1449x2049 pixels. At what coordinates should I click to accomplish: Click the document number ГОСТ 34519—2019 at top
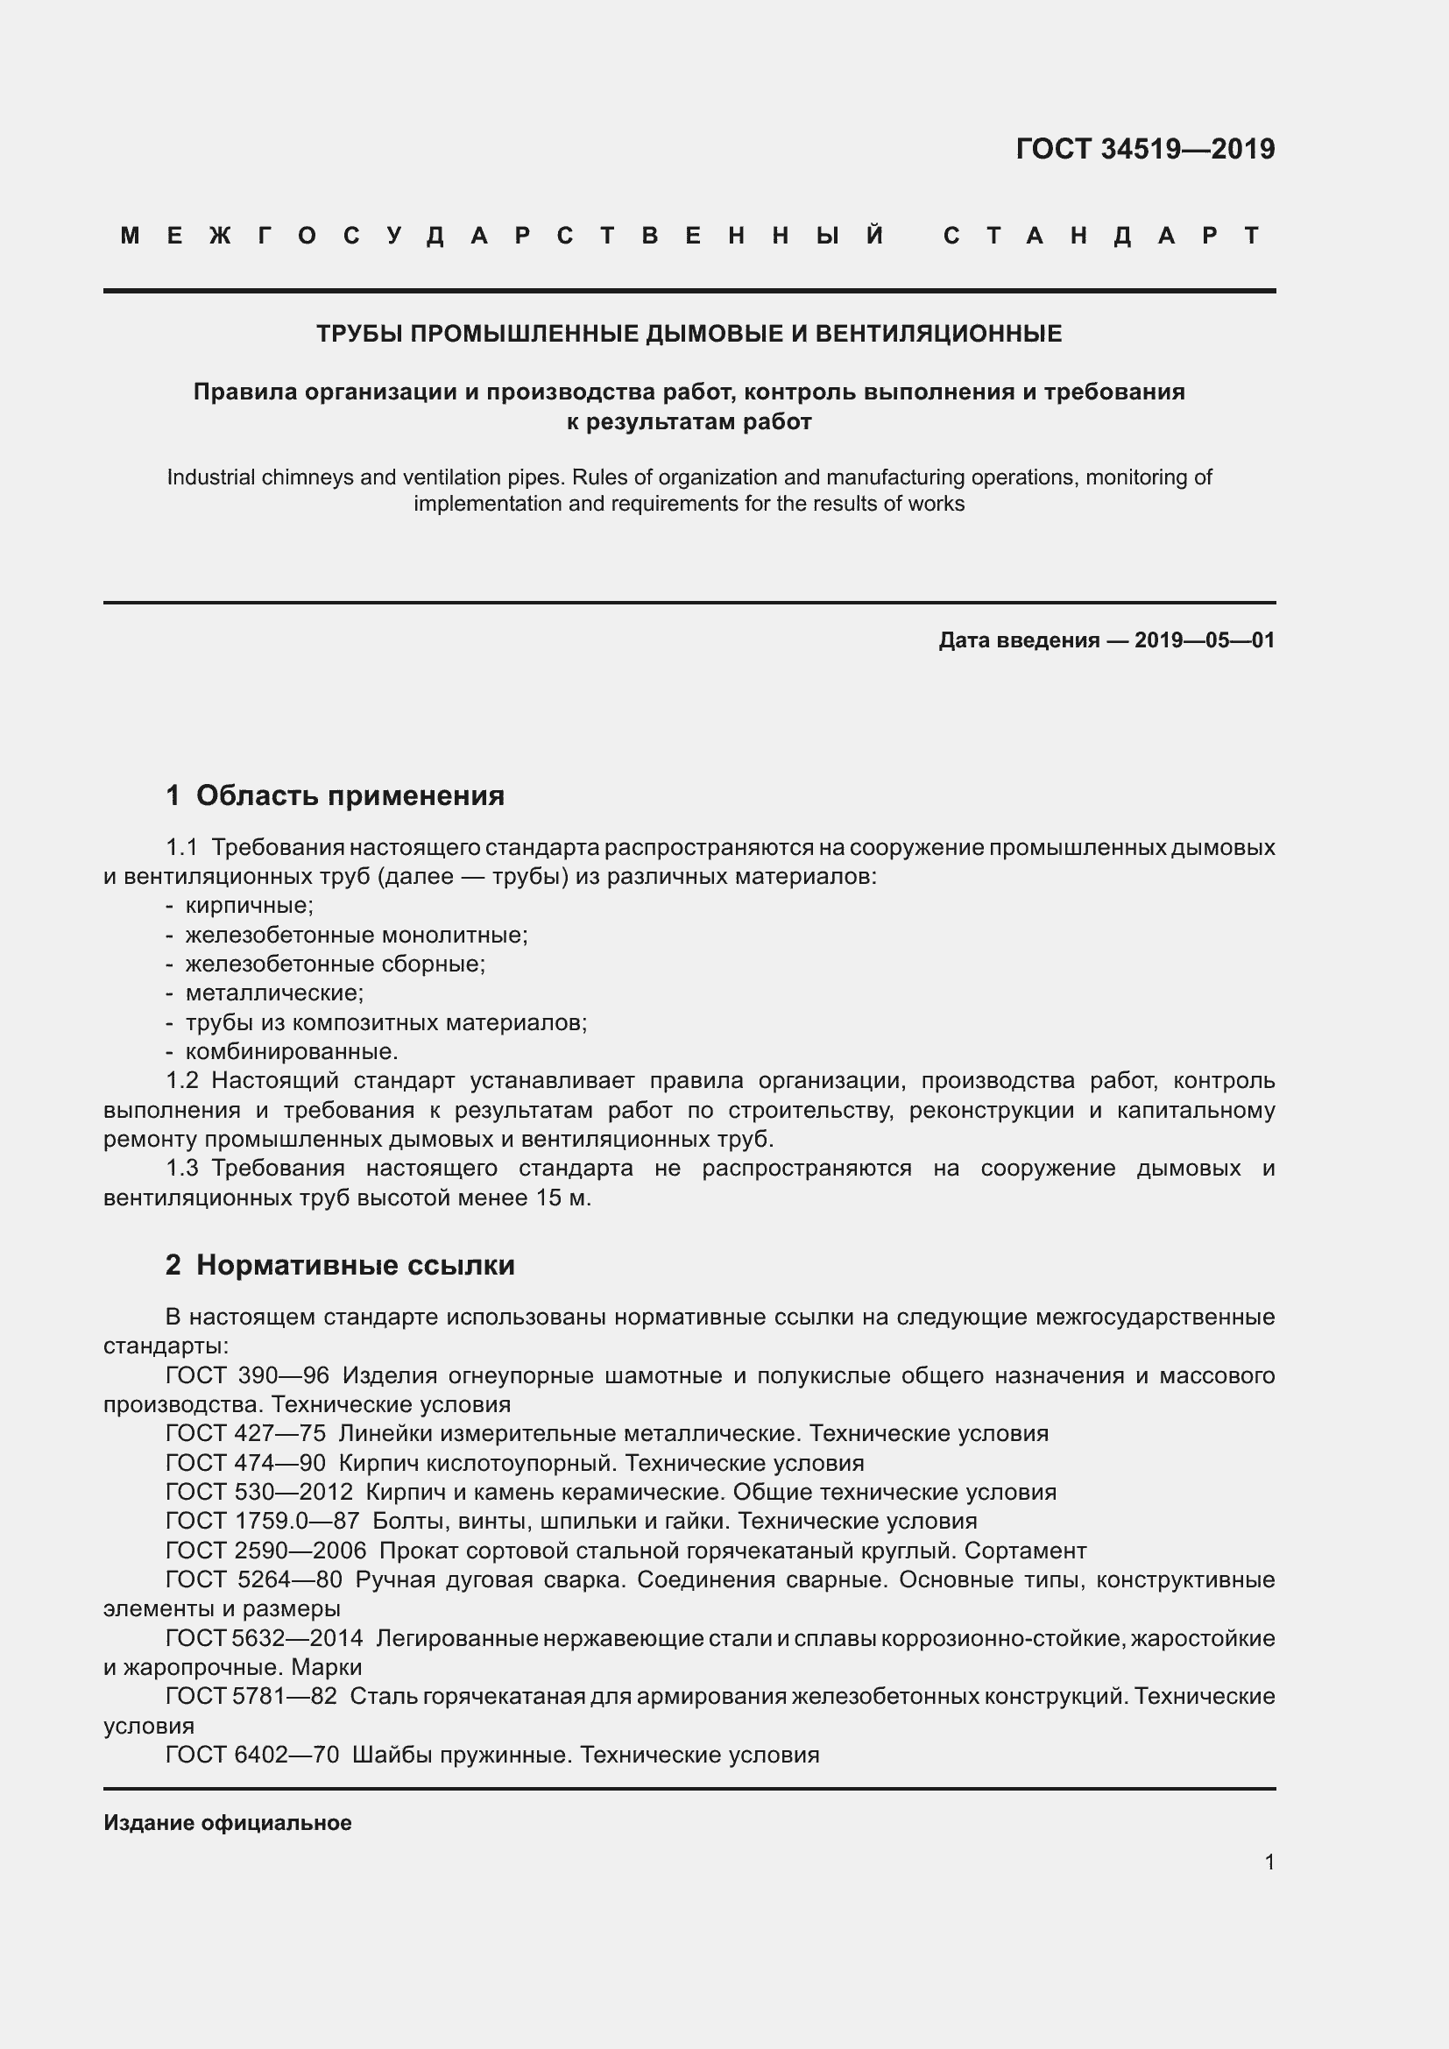click(1145, 149)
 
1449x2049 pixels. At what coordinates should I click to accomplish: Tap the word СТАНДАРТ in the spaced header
click(1102, 237)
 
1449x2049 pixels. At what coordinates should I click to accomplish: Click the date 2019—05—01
click(1205, 639)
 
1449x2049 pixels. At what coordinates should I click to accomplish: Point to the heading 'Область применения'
click(350, 795)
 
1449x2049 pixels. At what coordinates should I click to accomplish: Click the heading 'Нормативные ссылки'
click(355, 1265)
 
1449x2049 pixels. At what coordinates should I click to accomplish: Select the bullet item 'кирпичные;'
click(249, 906)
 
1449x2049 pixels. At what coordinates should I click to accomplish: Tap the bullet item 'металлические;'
click(274, 993)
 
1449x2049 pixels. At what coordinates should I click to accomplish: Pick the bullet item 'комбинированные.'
click(291, 1051)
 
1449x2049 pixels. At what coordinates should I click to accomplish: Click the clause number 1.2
click(182, 1081)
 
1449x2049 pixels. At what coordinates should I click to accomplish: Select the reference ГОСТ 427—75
click(245, 1434)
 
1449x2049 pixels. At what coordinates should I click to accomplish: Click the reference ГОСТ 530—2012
click(258, 1492)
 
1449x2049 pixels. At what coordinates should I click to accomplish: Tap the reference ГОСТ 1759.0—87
click(262, 1521)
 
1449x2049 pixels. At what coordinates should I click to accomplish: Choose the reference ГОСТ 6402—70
click(251, 1755)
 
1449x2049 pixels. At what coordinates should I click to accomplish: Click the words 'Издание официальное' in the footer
click(228, 1823)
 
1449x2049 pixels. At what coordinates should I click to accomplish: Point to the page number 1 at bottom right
click(1269, 1862)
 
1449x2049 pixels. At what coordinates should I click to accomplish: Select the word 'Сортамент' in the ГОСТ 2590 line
click(1025, 1551)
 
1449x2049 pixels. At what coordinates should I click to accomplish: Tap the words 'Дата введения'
click(1018, 639)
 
